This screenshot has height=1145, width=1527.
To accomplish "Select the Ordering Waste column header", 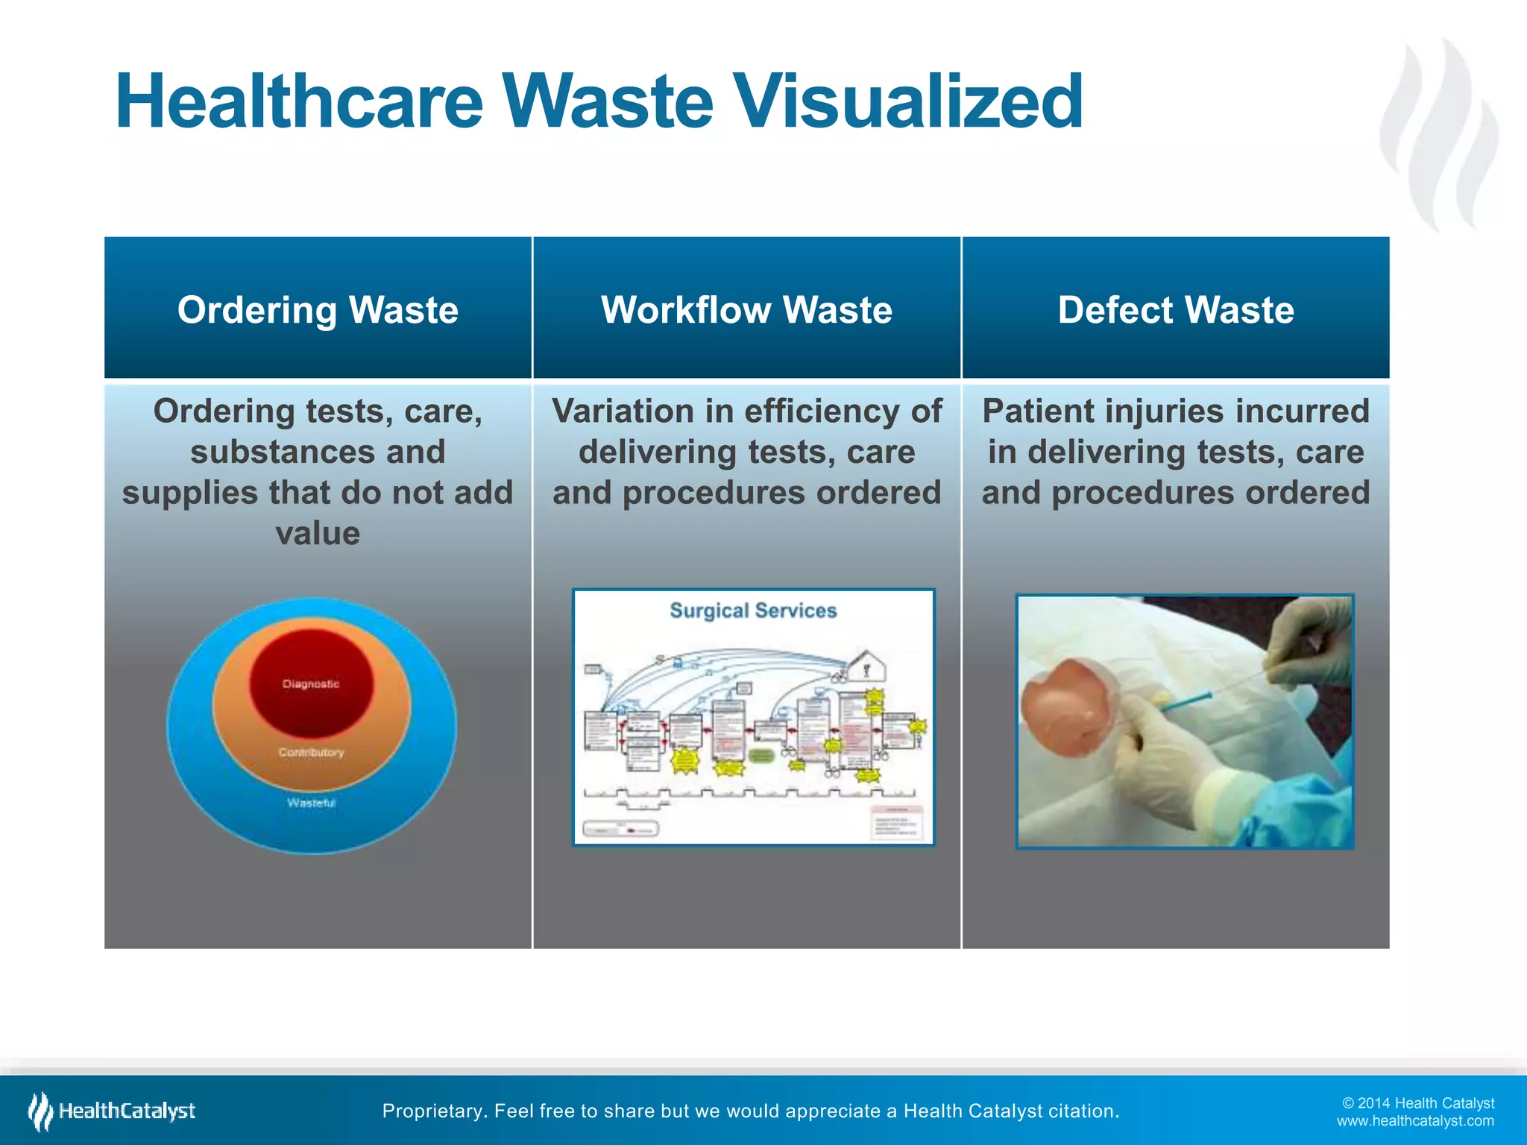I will (318, 309).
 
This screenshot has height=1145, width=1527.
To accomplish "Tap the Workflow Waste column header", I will (746, 309).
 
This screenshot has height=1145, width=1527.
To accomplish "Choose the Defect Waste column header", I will (1176, 309).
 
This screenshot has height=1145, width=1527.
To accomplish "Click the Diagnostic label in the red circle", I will (311, 684).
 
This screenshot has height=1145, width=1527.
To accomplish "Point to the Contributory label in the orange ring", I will (312, 752).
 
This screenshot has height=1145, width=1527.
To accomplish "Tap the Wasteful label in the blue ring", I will (312, 803).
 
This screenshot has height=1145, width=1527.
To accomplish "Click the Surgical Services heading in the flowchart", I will (753, 611).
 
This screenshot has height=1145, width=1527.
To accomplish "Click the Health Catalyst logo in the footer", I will (112, 1111).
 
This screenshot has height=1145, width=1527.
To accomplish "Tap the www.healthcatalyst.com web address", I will (1415, 1121).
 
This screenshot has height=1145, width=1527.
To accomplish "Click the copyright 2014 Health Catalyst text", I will (1418, 1103).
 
